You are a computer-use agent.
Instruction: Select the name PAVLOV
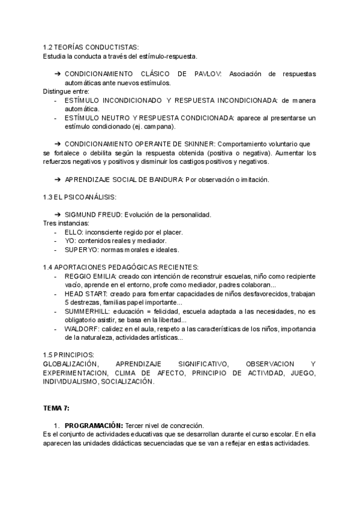tap(207, 74)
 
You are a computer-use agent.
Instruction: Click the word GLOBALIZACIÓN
tap(71, 364)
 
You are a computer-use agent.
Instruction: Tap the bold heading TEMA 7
tap(56, 408)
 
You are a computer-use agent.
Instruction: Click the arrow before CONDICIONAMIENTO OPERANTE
tap(58, 144)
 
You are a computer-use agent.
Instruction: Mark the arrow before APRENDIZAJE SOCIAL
tap(58, 179)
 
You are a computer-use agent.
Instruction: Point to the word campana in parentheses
tap(158, 127)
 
